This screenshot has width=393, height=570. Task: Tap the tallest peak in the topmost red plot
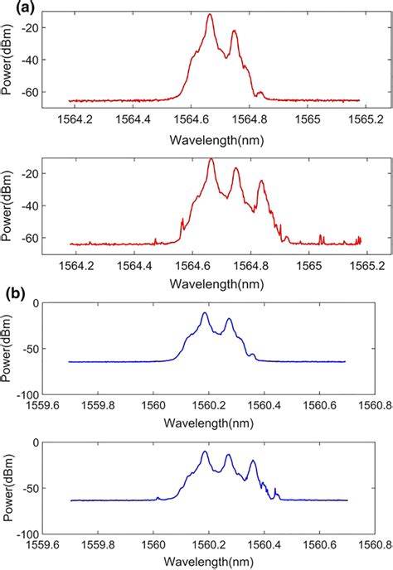click(x=210, y=15)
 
